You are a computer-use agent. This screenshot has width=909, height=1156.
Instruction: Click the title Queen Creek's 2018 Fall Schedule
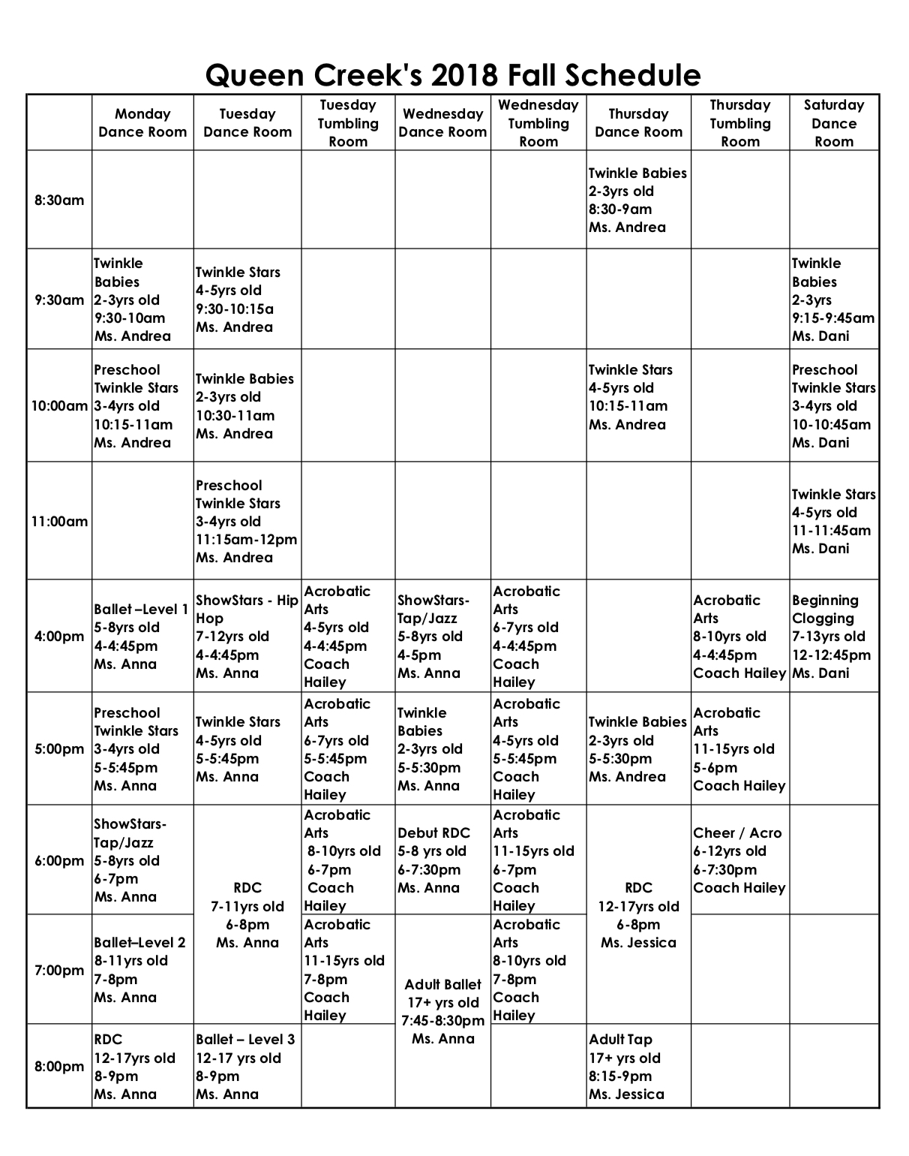(453, 75)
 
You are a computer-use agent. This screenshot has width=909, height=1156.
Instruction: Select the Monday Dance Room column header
(142, 123)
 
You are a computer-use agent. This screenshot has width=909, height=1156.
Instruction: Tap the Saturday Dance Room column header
(833, 123)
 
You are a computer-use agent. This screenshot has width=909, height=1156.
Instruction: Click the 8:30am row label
(59, 200)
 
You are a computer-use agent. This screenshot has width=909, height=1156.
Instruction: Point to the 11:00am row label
(59, 522)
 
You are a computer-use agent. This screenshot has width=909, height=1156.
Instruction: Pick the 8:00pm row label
(59, 1067)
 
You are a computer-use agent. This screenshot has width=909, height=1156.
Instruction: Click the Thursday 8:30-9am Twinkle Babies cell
(637, 200)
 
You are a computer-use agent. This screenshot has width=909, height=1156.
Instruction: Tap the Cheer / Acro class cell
(739, 860)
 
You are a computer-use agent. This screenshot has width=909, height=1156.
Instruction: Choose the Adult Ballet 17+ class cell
(442, 1011)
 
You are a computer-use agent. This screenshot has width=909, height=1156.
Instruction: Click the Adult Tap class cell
(637, 1067)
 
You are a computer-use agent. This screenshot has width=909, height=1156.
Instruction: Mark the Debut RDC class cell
(442, 860)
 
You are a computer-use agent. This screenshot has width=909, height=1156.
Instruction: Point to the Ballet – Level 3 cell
(247, 1067)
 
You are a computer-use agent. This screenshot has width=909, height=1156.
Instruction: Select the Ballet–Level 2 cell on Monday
(142, 970)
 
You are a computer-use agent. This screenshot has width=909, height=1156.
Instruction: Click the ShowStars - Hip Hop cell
(247, 637)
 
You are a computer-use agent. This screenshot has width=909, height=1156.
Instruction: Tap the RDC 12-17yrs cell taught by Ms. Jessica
(637, 915)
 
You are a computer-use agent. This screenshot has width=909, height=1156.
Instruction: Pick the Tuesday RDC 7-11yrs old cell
(247, 915)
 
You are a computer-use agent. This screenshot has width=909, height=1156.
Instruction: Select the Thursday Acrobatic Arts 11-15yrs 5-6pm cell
(739, 749)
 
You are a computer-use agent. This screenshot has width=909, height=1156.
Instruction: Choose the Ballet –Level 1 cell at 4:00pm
(142, 637)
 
